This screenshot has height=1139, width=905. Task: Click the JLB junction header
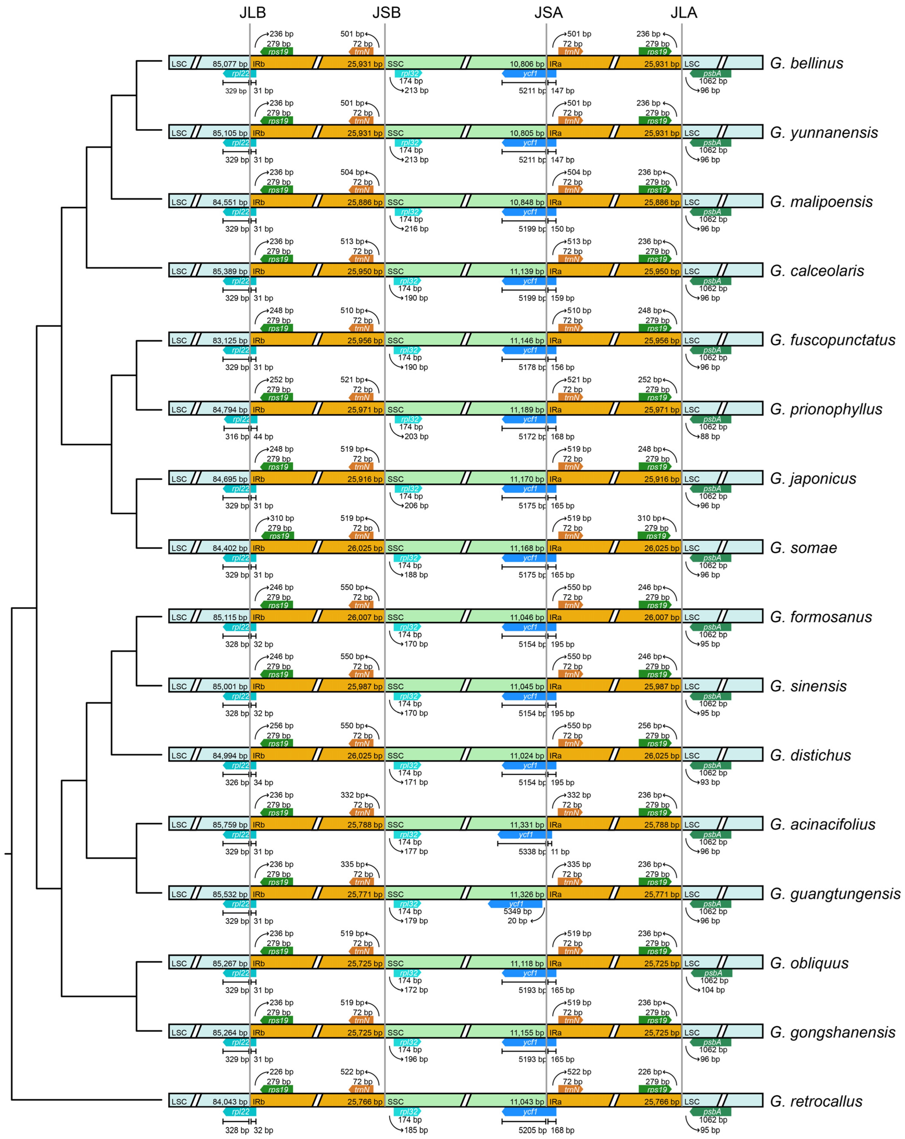252,13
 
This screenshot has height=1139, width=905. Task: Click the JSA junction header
548,13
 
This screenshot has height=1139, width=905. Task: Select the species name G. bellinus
806,64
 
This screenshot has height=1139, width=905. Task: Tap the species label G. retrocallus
816,1102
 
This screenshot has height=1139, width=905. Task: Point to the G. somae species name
803,548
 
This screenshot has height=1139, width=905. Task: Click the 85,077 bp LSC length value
230,64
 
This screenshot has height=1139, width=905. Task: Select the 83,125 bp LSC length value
230,341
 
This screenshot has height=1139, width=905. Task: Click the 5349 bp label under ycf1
517,911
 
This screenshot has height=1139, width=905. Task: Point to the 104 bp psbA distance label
713,990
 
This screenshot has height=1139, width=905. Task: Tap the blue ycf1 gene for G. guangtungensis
516,904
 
